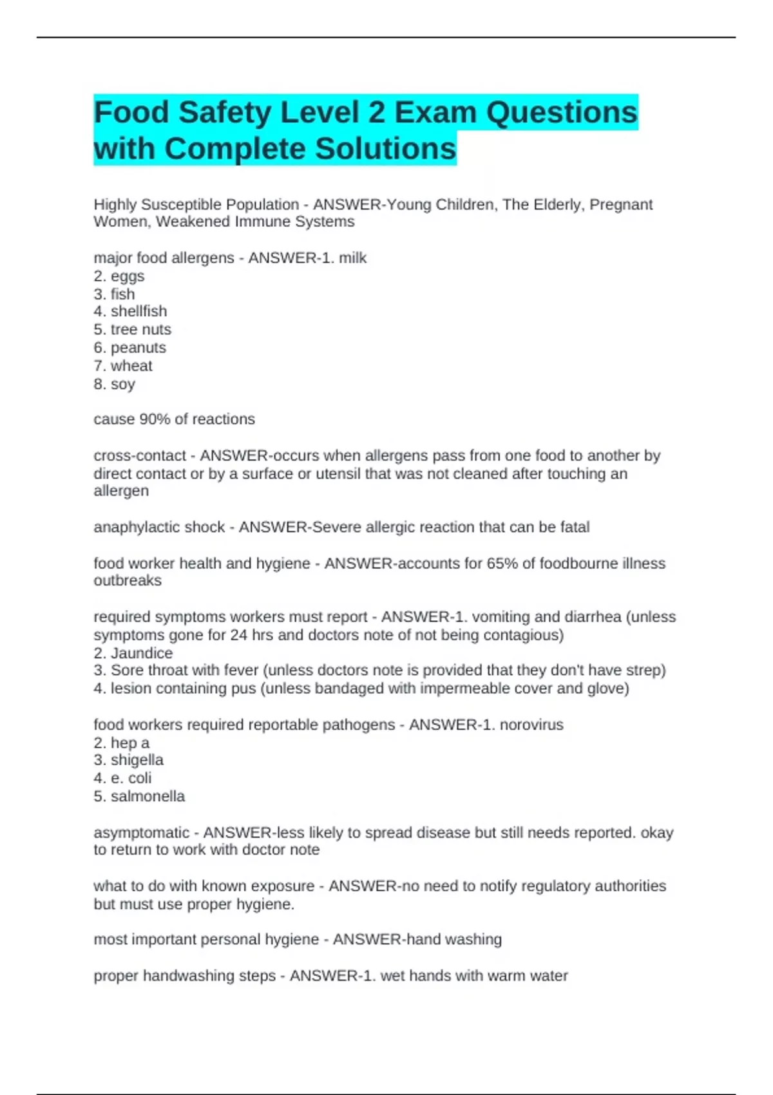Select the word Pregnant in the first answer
click(x=621, y=205)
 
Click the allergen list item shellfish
click(x=138, y=312)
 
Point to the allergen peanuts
click(x=138, y=348)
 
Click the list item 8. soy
click(x=115, y=385)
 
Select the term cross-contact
click(x=140, y=456)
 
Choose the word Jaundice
click(x=142, y=653)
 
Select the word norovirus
click(x=531, y=725)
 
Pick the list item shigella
click(x=137, y=760)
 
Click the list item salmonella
click(x=148, y=797)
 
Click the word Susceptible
click(x=179, y=205)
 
